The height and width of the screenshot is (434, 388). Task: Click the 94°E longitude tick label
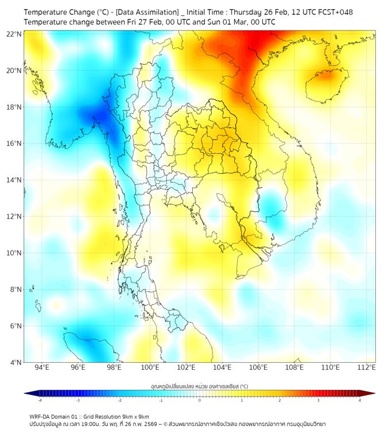tap(42, 367)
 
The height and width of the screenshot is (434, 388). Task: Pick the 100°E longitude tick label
tap(150, 367)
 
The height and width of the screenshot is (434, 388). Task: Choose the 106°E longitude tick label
tap(258, 367)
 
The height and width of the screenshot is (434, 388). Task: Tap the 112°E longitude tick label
tap(366, 367)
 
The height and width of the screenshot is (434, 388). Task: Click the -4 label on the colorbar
tap(39, 400)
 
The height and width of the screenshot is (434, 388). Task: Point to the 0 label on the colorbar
tap(200, 400)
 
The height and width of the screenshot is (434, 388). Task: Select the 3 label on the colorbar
tap(318, 400)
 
